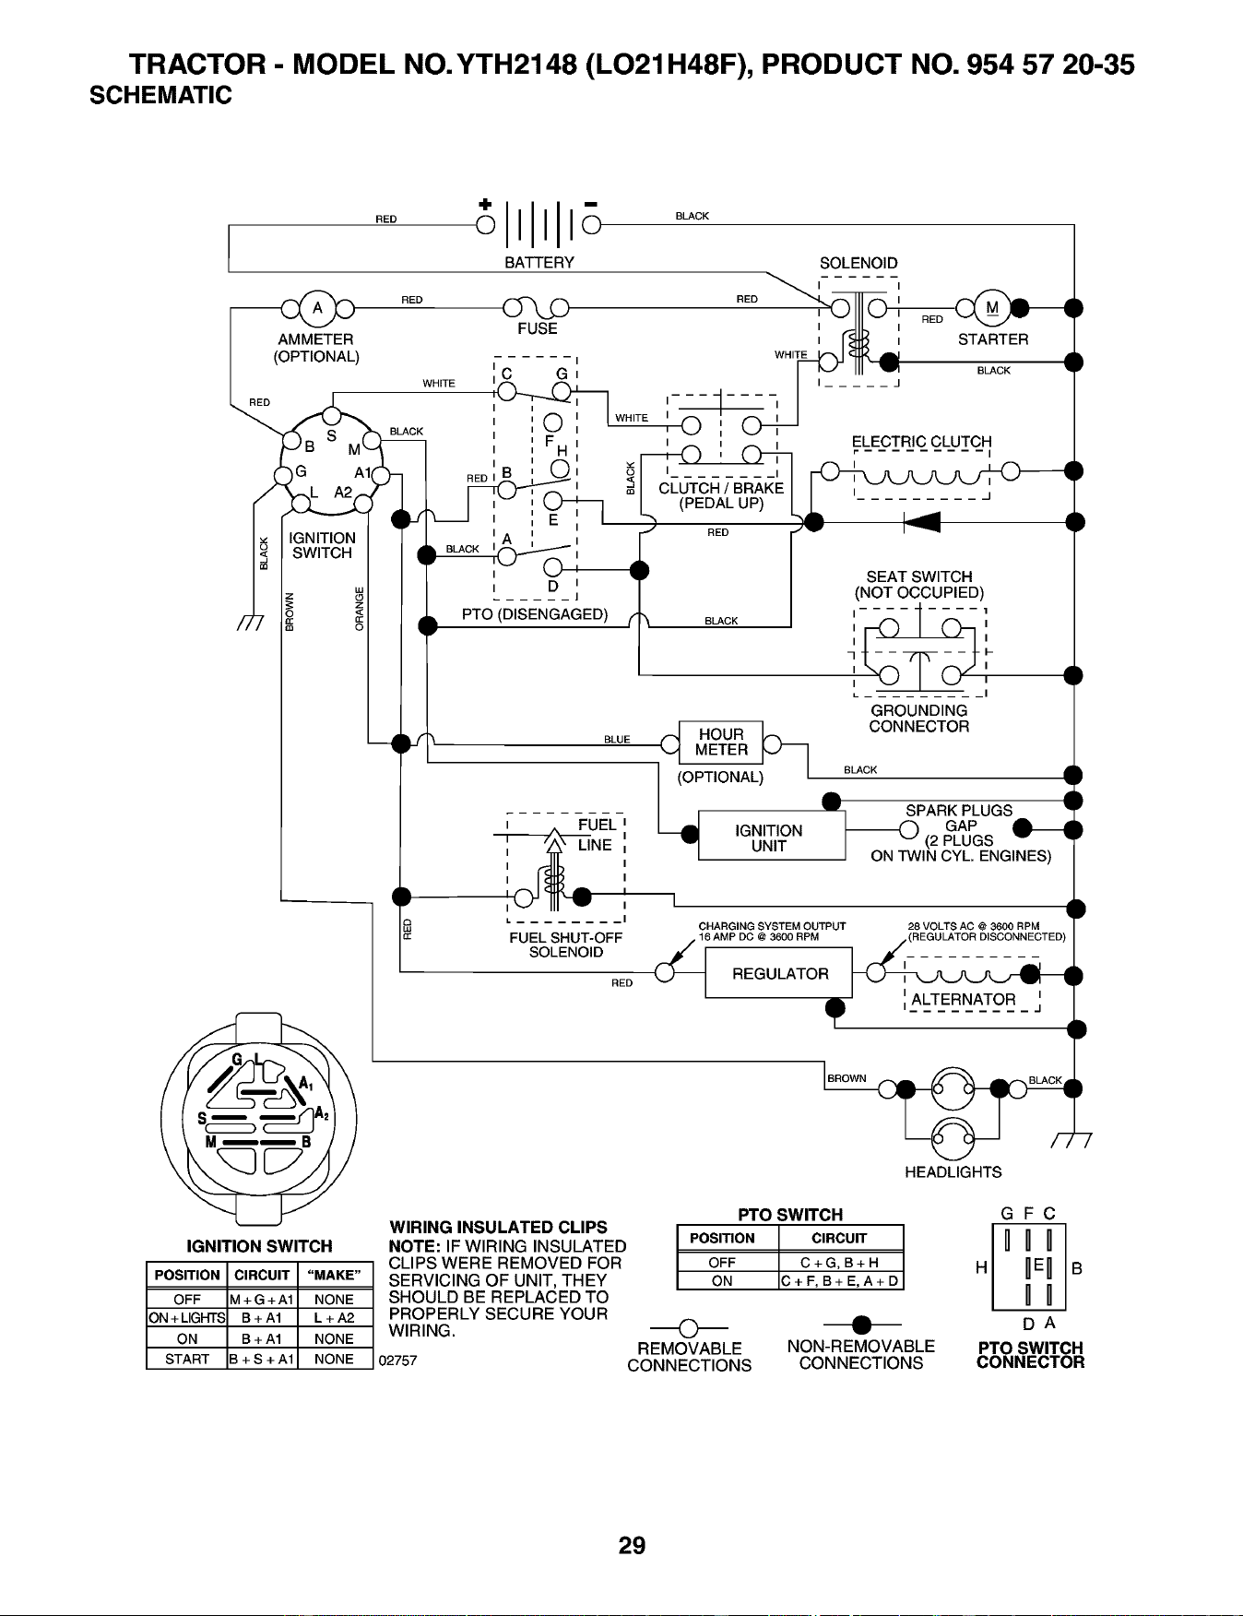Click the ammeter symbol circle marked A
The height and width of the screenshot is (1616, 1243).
(x=317, y=307)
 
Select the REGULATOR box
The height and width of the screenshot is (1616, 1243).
(x=779, y=973)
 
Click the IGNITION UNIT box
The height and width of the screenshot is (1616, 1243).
(x=772, y=837)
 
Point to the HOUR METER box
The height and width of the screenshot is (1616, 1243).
(x=721, y=743)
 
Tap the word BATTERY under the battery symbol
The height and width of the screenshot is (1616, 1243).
(x=539, y=263)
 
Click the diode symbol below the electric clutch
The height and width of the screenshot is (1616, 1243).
(x=922, y=522)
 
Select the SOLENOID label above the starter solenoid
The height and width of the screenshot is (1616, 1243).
(x=858, y=264)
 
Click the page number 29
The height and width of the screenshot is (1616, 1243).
(x=633, y=1545)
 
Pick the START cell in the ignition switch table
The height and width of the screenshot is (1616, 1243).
(x=186, y=1359)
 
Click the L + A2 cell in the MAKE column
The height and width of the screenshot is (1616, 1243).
(x=334, y=1319)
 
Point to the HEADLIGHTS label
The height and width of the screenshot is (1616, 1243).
(x=953, y=1172)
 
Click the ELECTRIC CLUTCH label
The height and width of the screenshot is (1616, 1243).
(x=922, y=442)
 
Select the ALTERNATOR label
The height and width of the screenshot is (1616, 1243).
(x=964, y=1000)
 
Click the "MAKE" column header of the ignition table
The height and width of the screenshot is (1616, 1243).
(x=334, y=1276)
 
